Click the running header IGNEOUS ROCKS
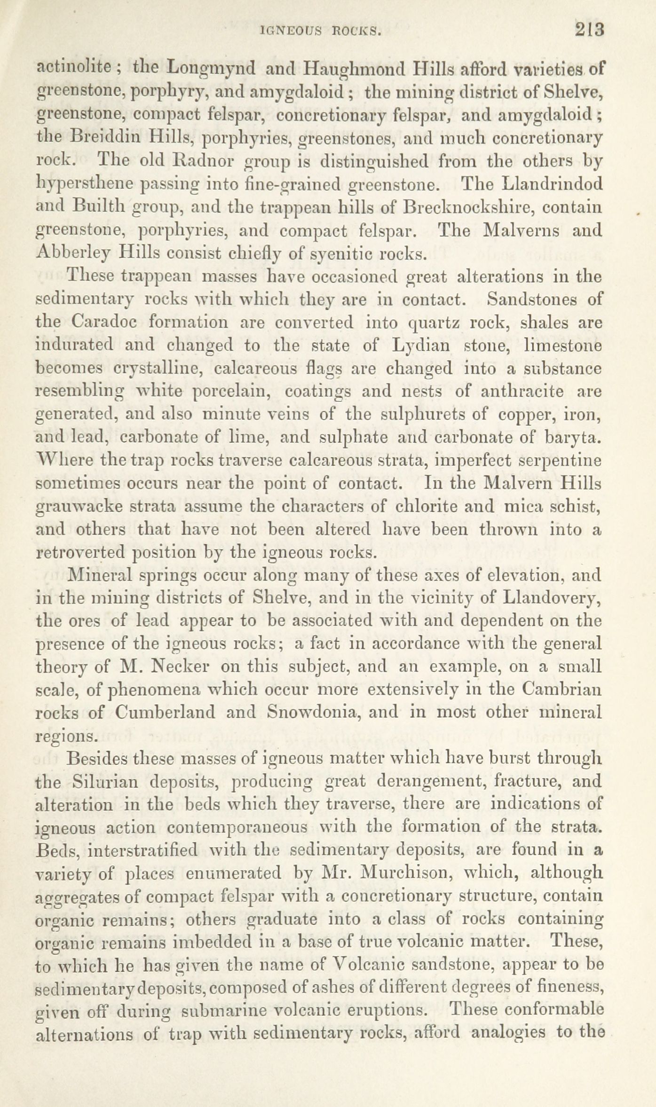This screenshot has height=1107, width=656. click(x=320, y=31)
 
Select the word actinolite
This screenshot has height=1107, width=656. click(x=73, y=69)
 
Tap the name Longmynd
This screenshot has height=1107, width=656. click(x=211, y=70)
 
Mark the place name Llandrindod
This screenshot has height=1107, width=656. click(x=552, y=184)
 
